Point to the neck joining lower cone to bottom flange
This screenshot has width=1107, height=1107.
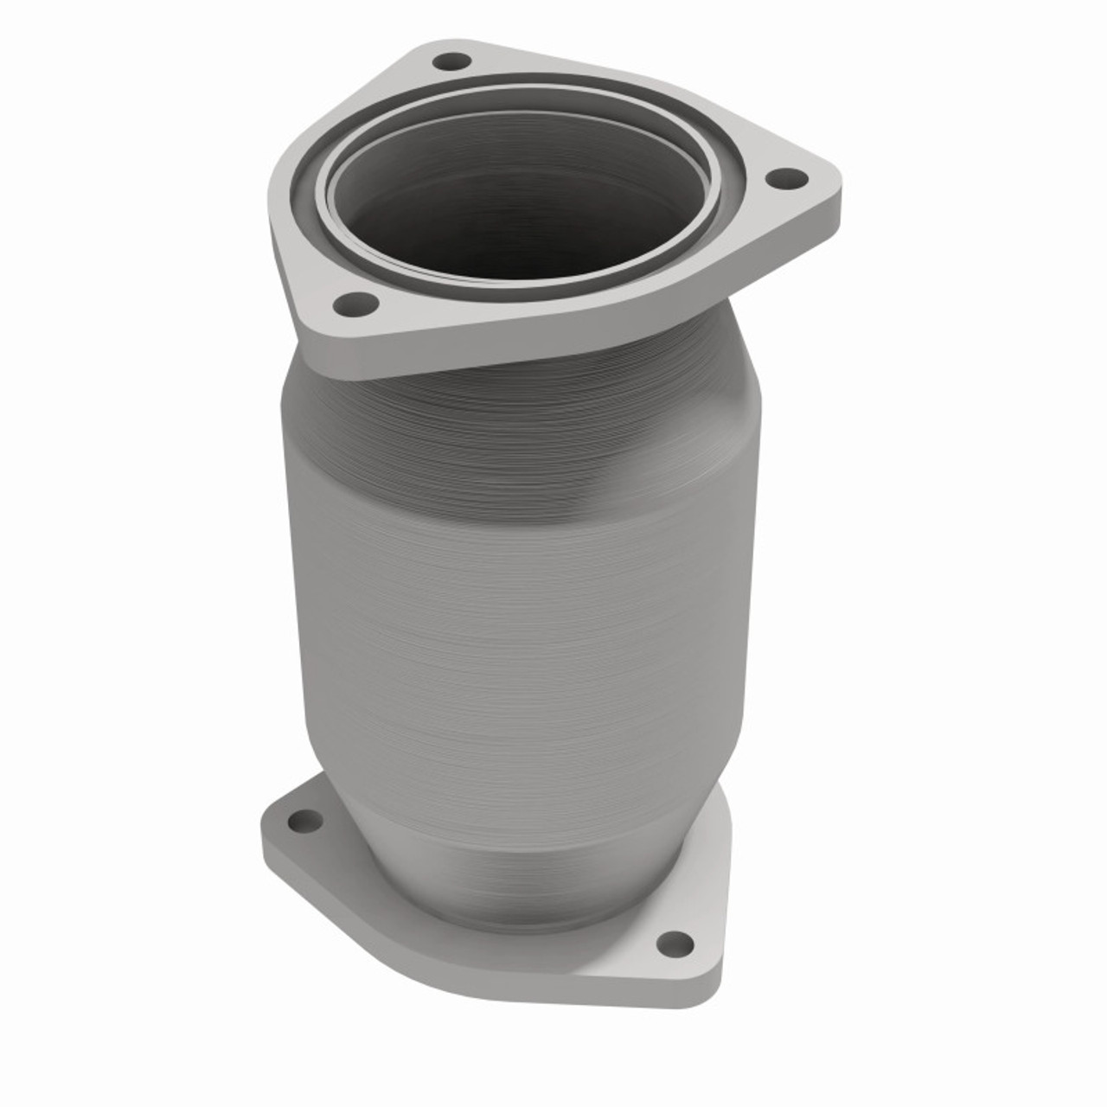pyautogui.click(x=519, y=882)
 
